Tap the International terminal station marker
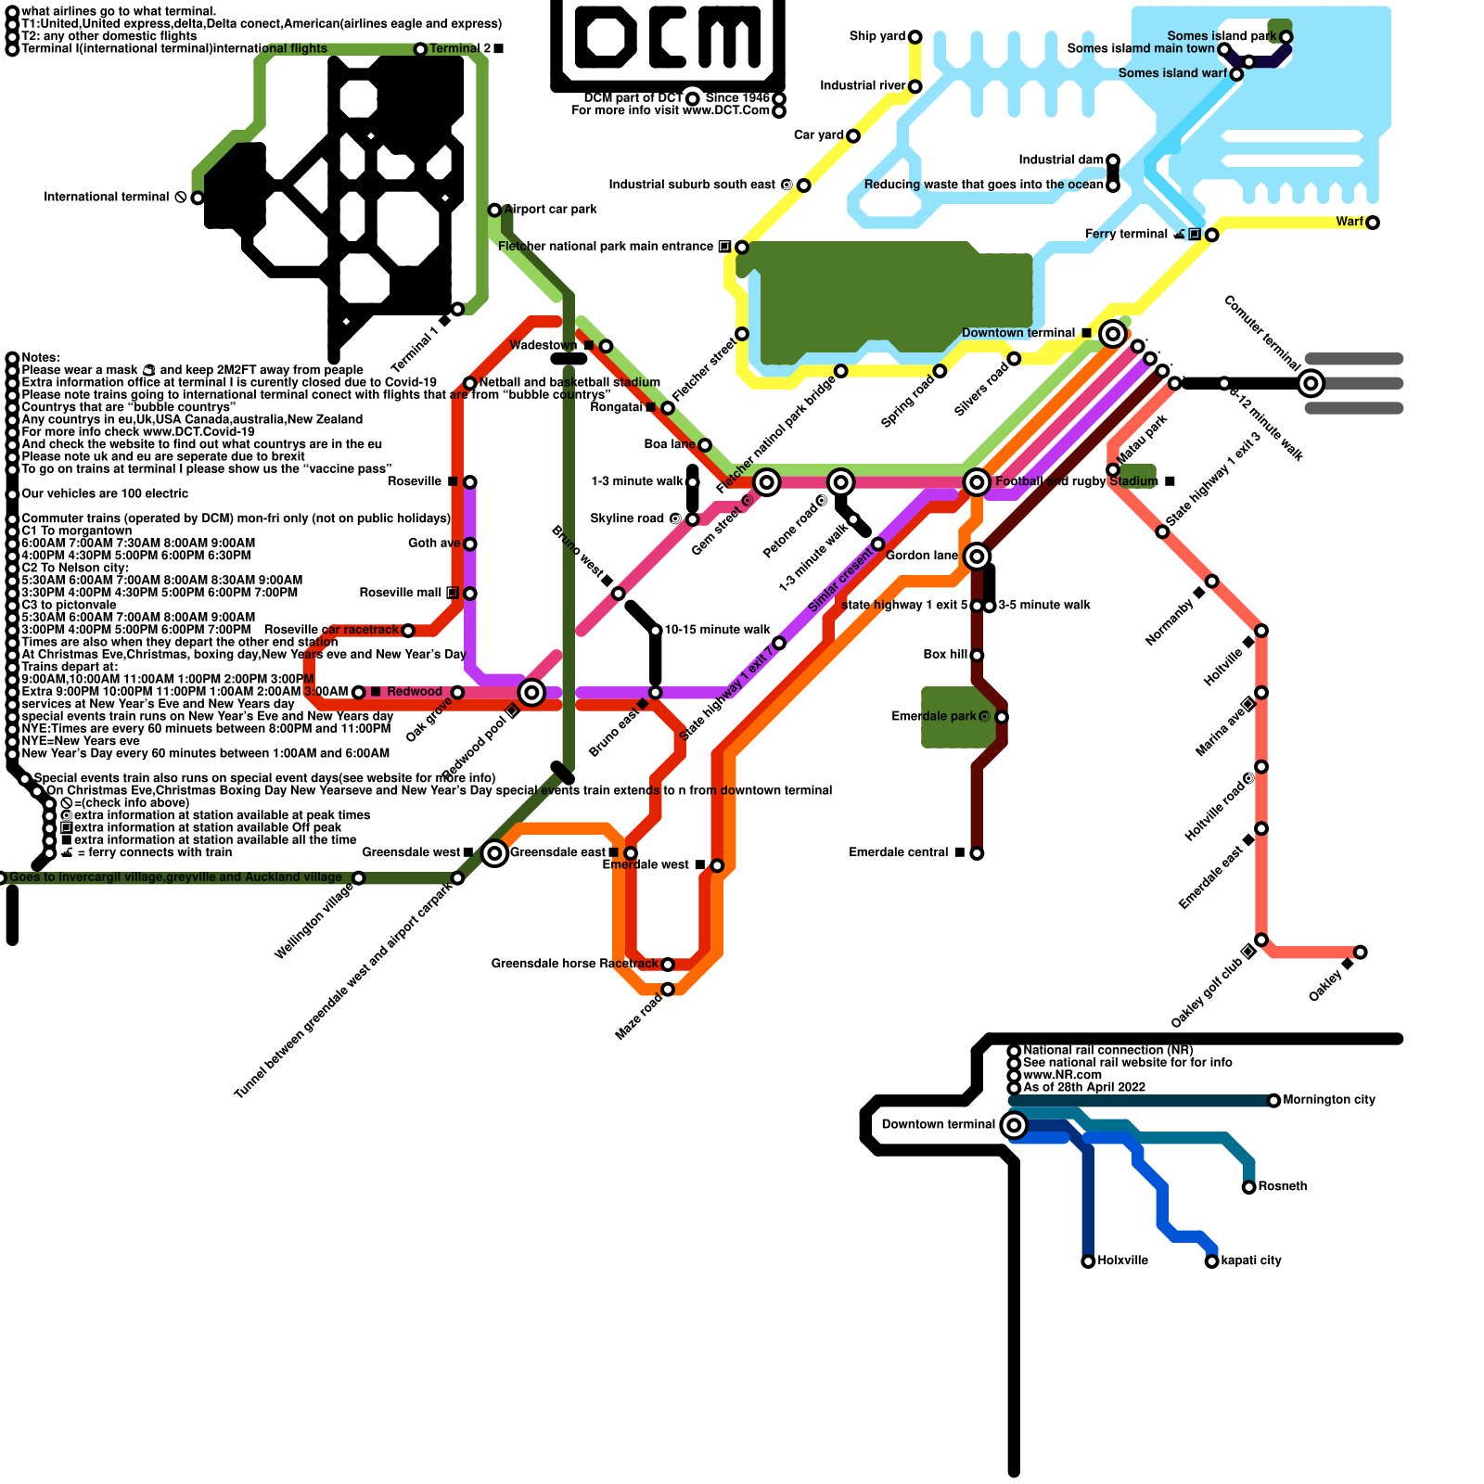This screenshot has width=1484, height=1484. point(198,198)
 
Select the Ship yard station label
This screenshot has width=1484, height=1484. point(876,36)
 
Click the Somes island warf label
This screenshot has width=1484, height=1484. point(1172,73)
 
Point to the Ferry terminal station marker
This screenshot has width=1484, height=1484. point(1211,235)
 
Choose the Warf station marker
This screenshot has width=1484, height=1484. point(1373,223)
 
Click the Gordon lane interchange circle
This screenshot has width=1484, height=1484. point(977,556)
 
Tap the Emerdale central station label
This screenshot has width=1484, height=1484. point(899,852)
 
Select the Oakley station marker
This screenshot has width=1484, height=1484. point(1361,953)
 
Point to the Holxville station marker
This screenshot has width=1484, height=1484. point(1088,1261)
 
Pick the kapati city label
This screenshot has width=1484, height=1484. point(1251,1260)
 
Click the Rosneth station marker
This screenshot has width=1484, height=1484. point(1248,1187)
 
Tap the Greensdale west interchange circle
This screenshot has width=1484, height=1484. point(495,853)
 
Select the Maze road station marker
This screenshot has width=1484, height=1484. point(668,990)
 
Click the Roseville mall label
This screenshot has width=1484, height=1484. point(401,593)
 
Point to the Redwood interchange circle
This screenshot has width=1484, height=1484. point(531,692)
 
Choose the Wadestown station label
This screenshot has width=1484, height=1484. point(544,346)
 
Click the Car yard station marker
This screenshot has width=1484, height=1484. point(853,136)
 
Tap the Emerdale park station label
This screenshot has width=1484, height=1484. point(933,716)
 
